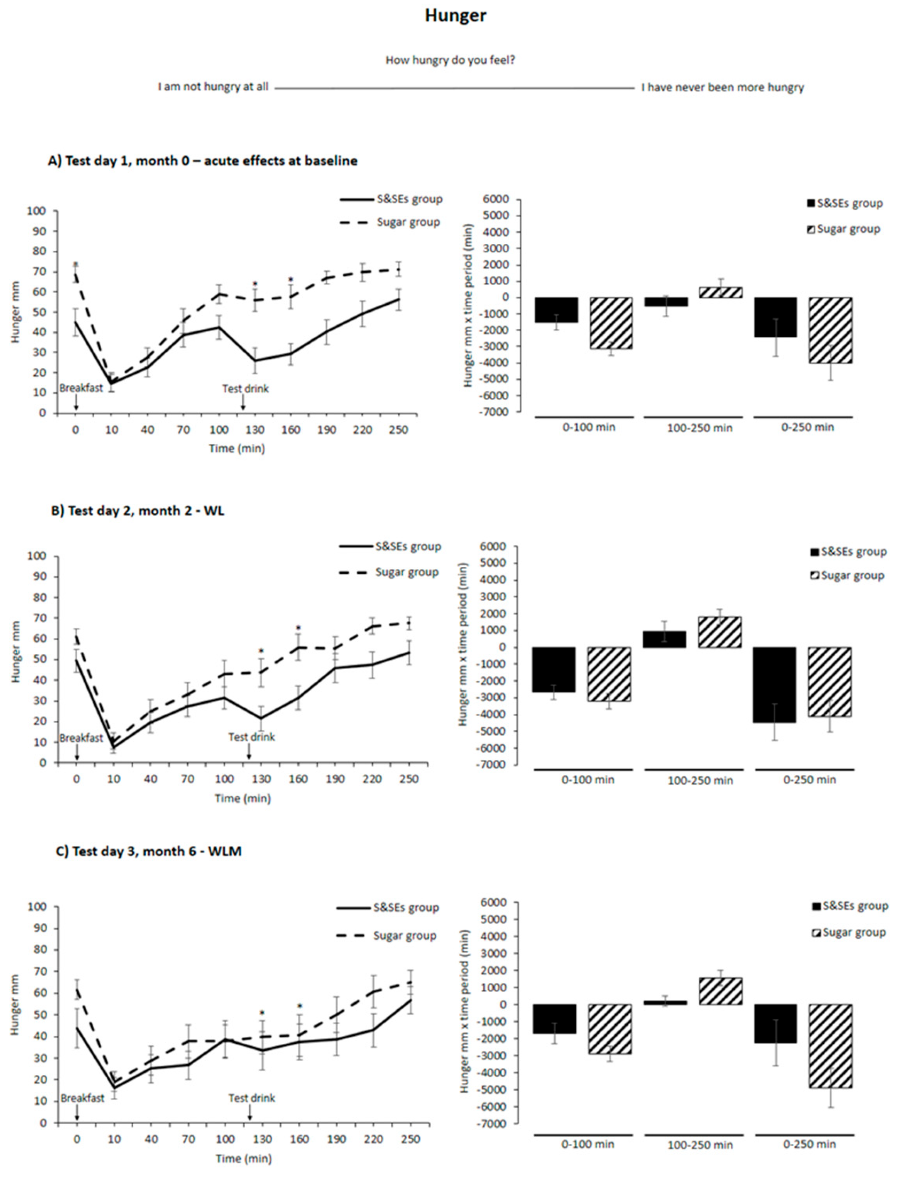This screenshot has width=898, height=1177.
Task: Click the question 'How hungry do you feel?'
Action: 450,60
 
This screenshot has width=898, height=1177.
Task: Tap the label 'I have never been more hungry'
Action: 722,87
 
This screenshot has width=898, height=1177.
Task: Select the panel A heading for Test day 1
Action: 203,160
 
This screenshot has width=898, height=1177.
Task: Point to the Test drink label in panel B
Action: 251,737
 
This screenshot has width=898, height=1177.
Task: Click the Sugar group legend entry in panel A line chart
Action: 408,222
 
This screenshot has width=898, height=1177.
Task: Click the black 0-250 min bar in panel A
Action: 776,317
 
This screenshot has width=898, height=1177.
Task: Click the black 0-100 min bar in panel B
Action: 554,670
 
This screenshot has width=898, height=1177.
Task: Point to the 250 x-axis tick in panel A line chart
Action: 399,430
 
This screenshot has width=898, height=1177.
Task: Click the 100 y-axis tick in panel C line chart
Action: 41,907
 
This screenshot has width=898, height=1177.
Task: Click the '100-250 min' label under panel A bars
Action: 699,428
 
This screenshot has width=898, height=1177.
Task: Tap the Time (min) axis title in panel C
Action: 243,1158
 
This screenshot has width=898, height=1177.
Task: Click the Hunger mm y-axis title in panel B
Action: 17,651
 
